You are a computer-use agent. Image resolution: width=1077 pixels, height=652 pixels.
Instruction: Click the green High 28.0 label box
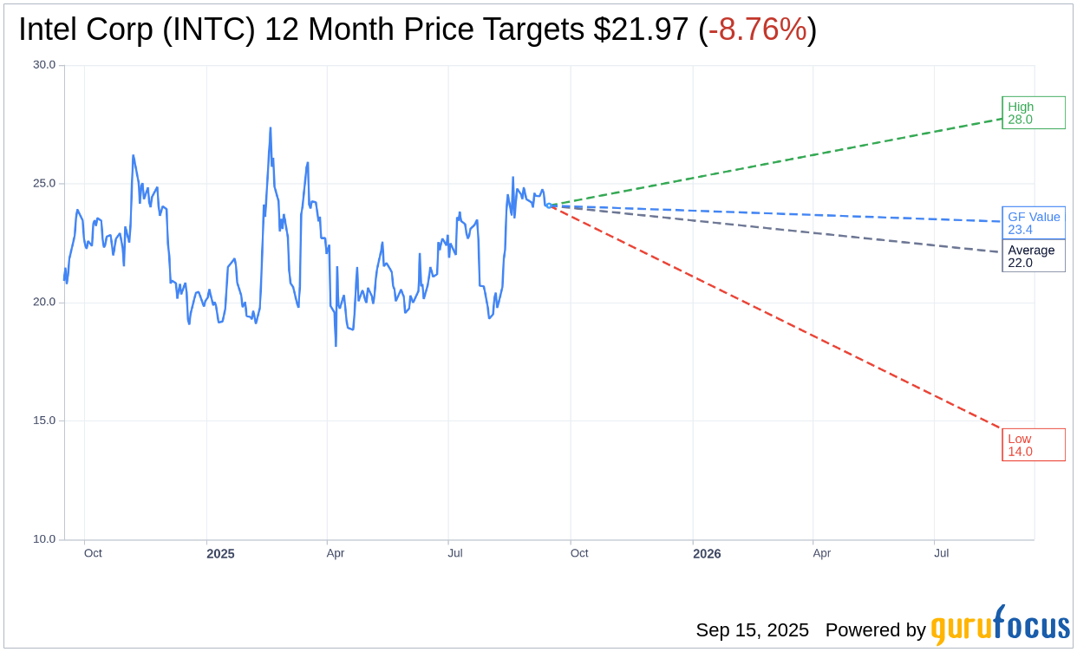pos(1033,113)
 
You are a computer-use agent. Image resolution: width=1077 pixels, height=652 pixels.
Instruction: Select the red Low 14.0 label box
pos(1033,445)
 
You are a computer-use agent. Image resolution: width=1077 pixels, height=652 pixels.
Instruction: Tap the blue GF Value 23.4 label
pos(1033,223)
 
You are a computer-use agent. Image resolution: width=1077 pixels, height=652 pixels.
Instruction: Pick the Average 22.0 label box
pos(1033,256)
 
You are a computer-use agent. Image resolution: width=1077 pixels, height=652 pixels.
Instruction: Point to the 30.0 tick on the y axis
pos(44,65)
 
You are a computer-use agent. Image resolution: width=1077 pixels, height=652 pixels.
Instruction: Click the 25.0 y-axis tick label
pos(44,184)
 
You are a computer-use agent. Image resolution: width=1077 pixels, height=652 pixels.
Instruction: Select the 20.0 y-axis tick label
pos(44,303)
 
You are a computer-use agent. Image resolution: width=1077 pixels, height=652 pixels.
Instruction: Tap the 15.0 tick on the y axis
pos(44,421)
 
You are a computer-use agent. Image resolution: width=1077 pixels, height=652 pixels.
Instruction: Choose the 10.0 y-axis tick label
pos(44,539)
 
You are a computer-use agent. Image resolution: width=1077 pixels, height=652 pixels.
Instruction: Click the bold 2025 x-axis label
pos(220,553)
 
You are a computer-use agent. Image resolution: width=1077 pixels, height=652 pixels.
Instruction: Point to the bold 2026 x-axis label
pos(707,553)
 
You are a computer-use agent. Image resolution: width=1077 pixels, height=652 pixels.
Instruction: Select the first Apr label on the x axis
pos(336,553)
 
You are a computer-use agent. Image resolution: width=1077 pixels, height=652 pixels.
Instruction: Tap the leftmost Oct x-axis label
pos(93,553)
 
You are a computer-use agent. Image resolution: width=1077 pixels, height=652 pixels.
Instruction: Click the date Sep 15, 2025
pos(752,630)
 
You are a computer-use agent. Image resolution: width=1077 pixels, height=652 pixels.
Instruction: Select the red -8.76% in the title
pos(757,30)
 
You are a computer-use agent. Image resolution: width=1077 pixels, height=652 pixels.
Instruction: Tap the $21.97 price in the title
pos(641,30)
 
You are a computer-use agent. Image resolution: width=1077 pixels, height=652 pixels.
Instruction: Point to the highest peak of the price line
pos(271,128)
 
